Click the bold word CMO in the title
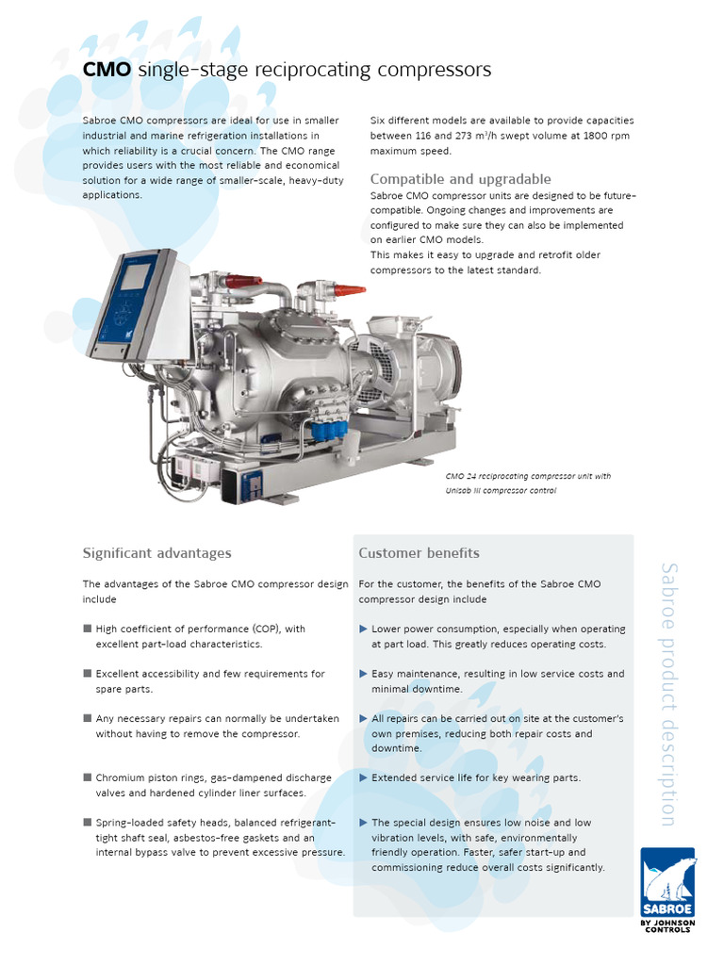[x=107, y=70]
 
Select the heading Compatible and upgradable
[x=460, y=179]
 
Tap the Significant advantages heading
[x=156, y=553]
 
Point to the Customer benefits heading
[x=419, y=553]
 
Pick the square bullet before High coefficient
[x=87, y=629]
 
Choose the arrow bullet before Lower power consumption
[x=363, y=629]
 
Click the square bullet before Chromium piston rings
[x=87, y=777]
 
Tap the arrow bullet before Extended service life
[x=363, y=777]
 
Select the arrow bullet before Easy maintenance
[x=363, y=674]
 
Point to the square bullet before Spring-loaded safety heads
[x=87, y=823]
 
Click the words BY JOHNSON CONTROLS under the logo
[x=667, y=925]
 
